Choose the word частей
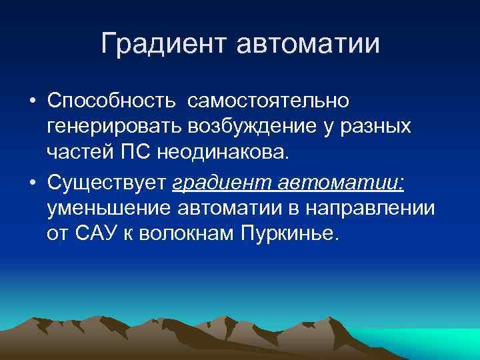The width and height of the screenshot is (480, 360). [x=79, y=152]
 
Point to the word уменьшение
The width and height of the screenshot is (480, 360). [x=109, y=208]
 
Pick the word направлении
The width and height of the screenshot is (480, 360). [x=371, y=208]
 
